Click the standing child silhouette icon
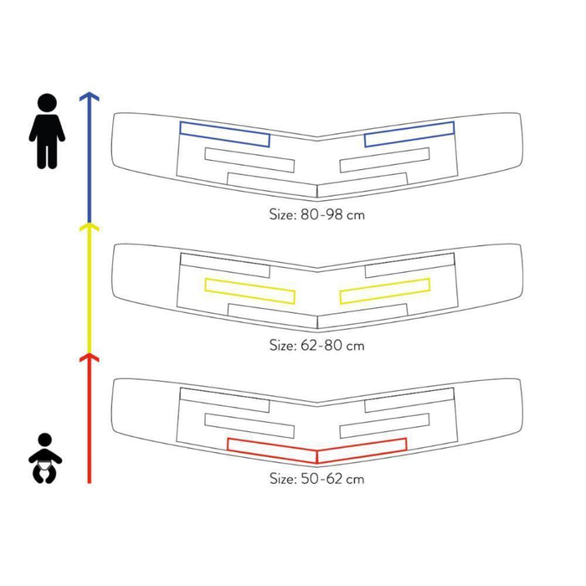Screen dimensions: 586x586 (47, 132)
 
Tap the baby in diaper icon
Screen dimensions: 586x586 (47, 457)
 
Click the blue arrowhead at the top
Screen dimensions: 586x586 (89, 97)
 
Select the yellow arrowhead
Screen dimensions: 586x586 (89, 227)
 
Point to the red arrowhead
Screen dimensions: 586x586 (89, 358)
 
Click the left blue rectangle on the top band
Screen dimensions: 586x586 (224, 134)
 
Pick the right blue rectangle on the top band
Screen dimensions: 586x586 (409, 134)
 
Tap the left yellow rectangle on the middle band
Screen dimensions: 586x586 (249, 290)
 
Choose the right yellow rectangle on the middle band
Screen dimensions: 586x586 (385, 290)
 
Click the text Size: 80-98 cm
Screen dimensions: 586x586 (317, 213)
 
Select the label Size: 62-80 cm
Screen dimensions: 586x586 (317, 344)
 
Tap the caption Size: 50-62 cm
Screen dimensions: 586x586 (317, 479)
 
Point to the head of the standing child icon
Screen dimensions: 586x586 (47, 104)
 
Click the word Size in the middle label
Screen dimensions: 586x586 (282, 344)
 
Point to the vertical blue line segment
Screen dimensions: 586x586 (89, 159)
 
